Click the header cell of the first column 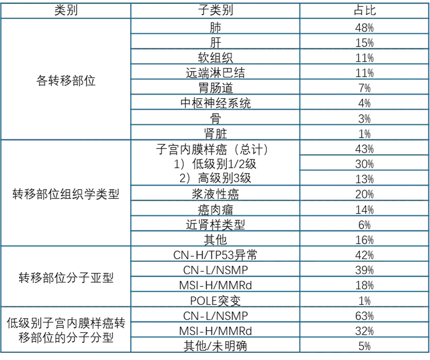[65, 10]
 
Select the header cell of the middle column [213, 10]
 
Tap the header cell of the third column [364, 10]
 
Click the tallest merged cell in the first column [65, 78]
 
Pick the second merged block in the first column [65, 191]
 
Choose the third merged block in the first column [65, 276]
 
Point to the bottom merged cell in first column [65, 328]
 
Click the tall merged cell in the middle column [213, 162]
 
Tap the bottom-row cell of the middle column [213, 345]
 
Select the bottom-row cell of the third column [364, 345]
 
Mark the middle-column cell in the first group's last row [213, 132]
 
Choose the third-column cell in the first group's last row [364, 132]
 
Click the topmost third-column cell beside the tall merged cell [364, 148]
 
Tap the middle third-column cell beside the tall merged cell [364, 163]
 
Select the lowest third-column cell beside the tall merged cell [364, 178]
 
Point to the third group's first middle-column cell [213, 254]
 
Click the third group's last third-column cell [364, 300]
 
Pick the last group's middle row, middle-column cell [213, 329]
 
